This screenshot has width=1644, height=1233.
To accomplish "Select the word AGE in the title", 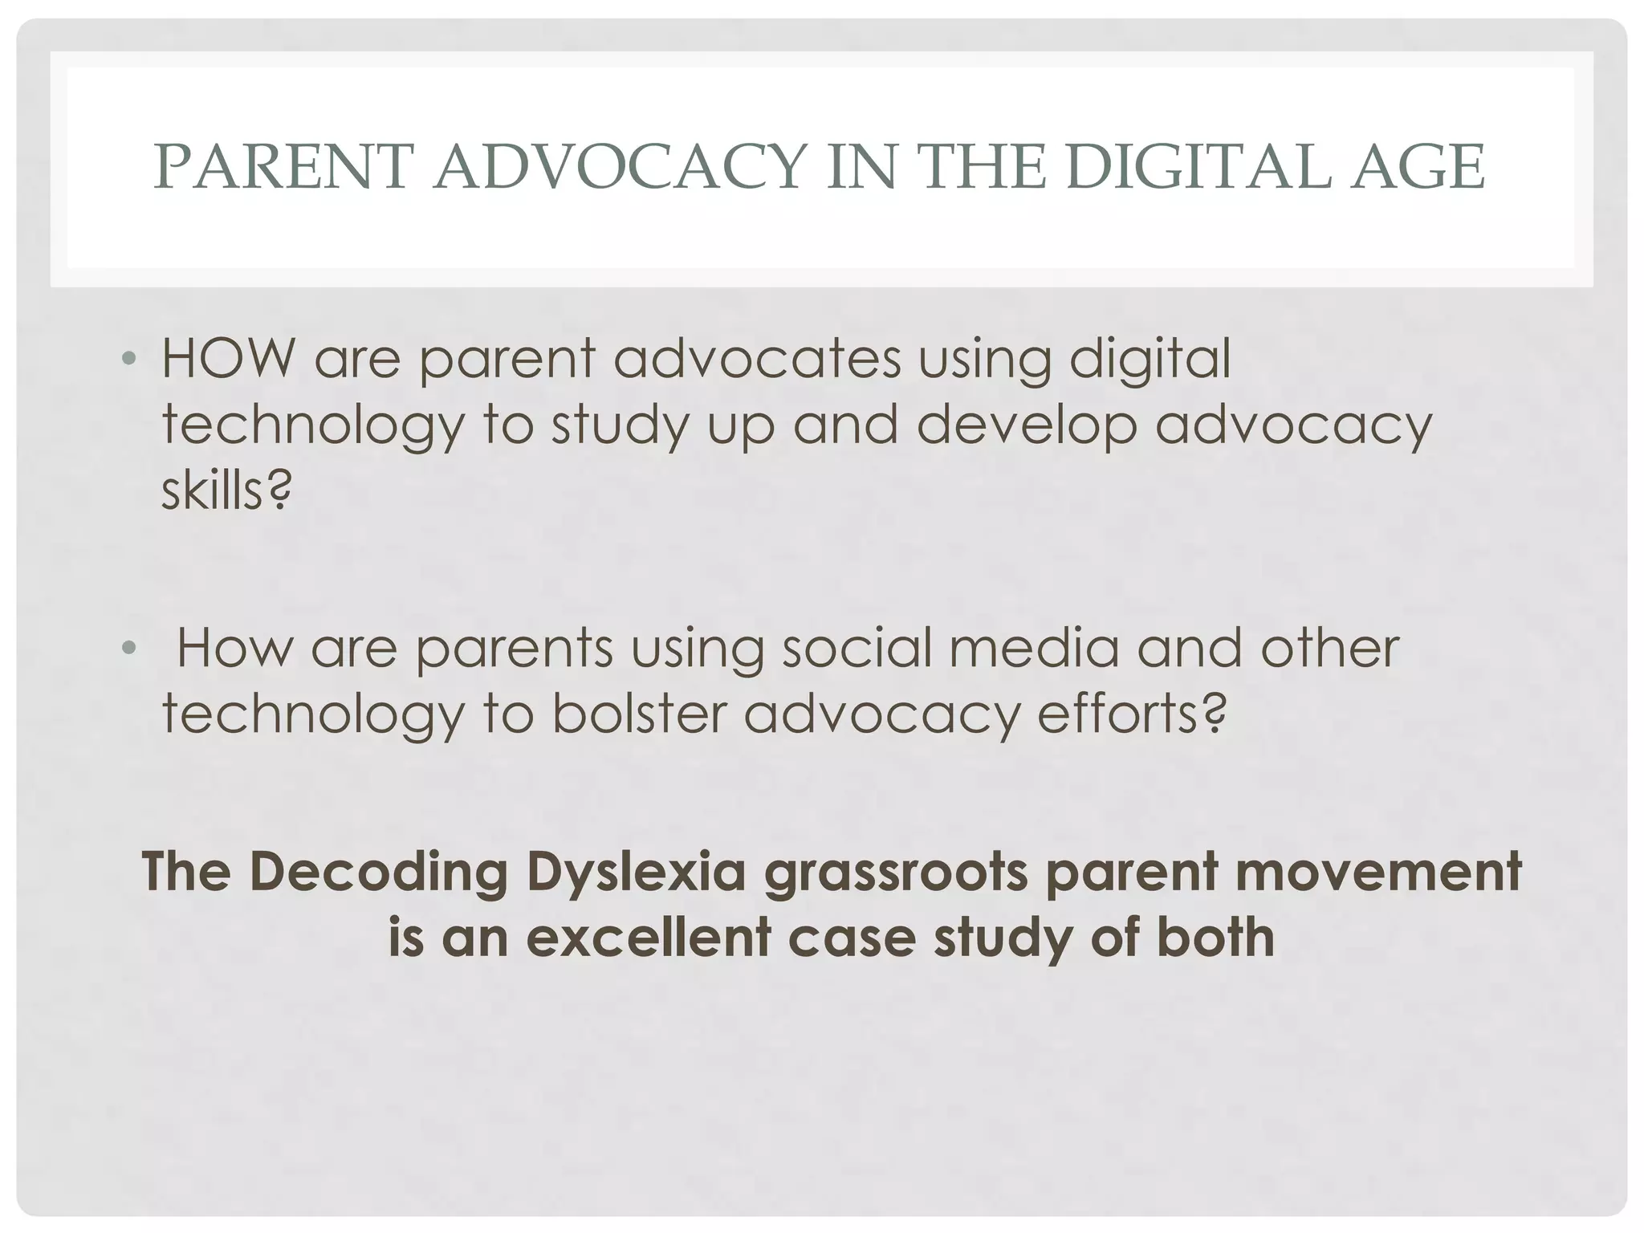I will (x=1417, y=167).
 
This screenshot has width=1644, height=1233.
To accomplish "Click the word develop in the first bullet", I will (x=1026, y=425).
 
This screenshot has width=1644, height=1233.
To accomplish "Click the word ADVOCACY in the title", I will (x=619, y=167).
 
